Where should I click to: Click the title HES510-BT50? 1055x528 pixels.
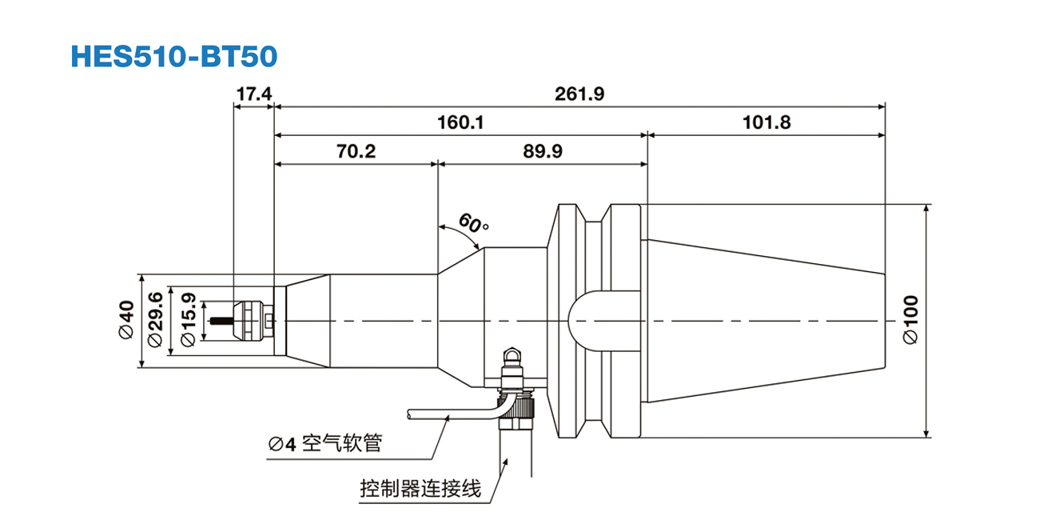click(x=174, y=56)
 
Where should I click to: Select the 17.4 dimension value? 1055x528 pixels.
click(x=253, y=94)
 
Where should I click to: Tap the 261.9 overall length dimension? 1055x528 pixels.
click(x=579, y=94)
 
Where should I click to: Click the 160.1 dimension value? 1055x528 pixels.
click(x=460, y=123)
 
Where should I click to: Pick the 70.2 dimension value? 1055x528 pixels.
click(x=356, y=151)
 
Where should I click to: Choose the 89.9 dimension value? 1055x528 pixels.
click(x=543, y=151)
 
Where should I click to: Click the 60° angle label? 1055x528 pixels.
click(x=473, y=224)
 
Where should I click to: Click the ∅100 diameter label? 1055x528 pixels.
click(x=910, y=320)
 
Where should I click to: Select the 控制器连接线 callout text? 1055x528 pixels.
click(x=420, y=487)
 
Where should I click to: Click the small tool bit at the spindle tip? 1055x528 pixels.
click(x=218, y=322)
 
